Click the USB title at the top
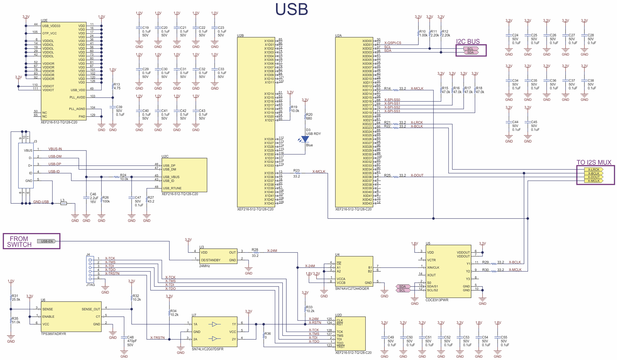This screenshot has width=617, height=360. [291, 9]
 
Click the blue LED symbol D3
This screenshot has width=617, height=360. [305, 139]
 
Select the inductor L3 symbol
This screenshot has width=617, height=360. [63, 203]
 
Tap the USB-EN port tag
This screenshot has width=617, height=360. [47, 241]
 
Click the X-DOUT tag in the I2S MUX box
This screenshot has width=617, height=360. [594, 177]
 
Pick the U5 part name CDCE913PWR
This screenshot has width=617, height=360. [437, 300]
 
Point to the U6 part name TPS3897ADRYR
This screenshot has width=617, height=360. [53, 334]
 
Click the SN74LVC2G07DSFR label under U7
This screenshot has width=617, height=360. [208, 349]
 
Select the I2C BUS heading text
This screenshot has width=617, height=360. [468, 41]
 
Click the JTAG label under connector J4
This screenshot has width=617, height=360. [90, 285]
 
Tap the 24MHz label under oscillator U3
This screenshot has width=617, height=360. [205, 266]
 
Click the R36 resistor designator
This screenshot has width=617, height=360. [268, 334]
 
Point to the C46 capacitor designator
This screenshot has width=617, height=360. [93, 194]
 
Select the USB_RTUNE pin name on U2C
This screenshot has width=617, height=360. [172, 188]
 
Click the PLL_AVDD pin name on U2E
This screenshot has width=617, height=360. [77, 98]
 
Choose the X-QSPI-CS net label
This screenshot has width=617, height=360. [393, 43]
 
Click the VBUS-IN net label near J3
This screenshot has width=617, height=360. [55, 149]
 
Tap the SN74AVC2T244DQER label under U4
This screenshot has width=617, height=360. [352, 289]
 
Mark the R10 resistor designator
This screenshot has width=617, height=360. [422, 31]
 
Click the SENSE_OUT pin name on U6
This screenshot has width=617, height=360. [91, 309]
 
